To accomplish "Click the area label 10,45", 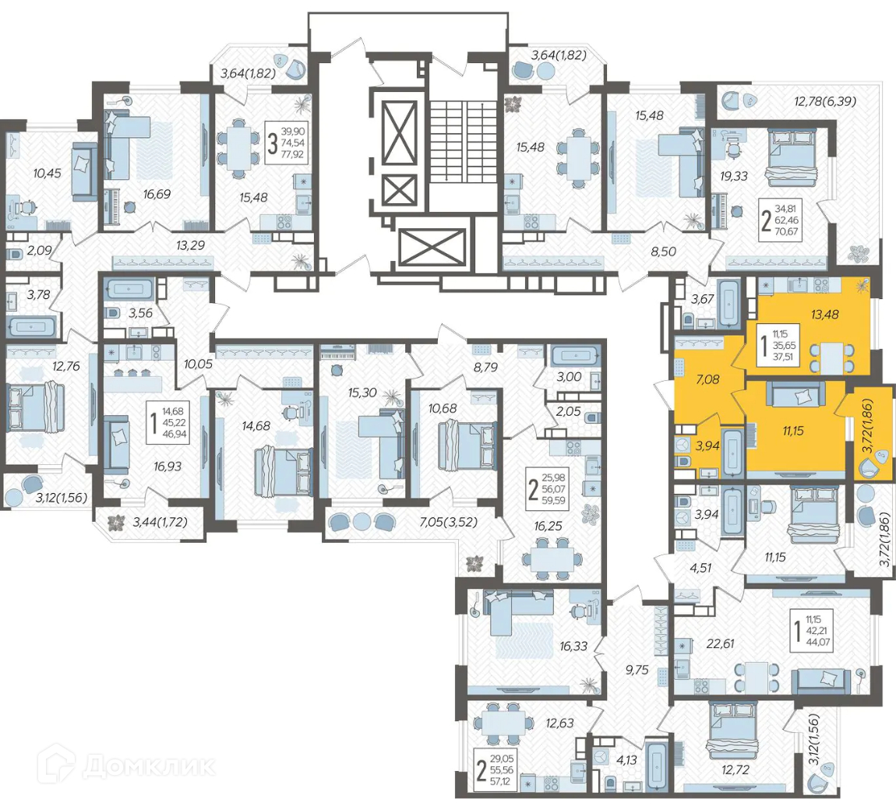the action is [x=47, y=172].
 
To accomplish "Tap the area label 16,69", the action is [x=157, y=194].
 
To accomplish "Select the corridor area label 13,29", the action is [x=190, y=245].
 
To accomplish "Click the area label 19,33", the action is [x=734, y=176].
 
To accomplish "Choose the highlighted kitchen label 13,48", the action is [x=824, y=314].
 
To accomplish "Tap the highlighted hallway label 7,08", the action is [x=707, y=379].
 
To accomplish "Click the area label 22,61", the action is [x=720, y=643].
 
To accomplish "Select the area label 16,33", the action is [x=573, y=646].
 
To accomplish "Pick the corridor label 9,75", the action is [x=637, y=670].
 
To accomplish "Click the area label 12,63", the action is [x=559, y=723].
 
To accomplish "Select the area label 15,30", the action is [x=362, y=393].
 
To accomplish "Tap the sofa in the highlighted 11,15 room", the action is [x=796, y=393].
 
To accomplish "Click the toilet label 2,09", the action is [x=39, y=250].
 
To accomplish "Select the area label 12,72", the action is [x=735, y=769].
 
